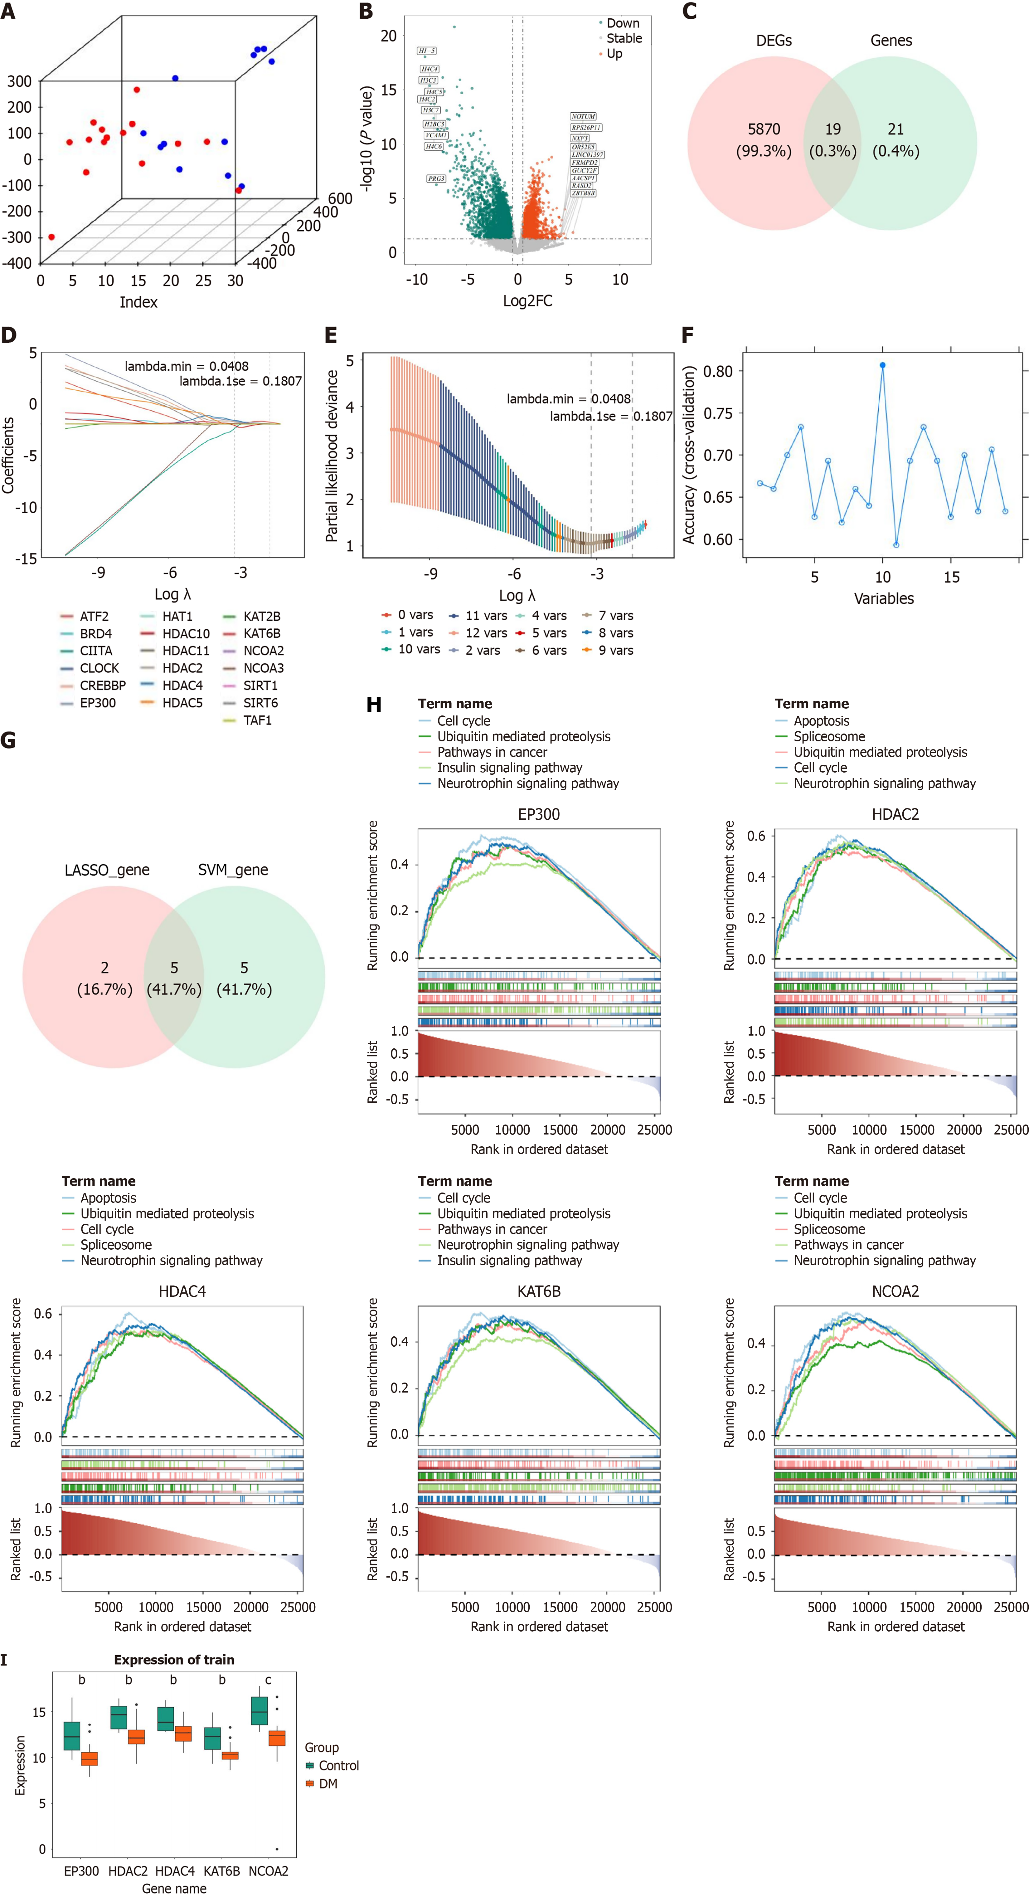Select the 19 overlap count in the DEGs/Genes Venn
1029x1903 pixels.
(832, 129)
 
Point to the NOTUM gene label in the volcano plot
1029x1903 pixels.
(583, 117)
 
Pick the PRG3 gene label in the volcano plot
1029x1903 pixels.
(436, 179)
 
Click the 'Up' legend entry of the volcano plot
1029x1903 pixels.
(614, 54)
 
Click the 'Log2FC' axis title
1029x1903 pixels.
(527, 301)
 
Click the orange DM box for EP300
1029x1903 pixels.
(90, 1758)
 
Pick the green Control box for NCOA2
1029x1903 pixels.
(259, 1711)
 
